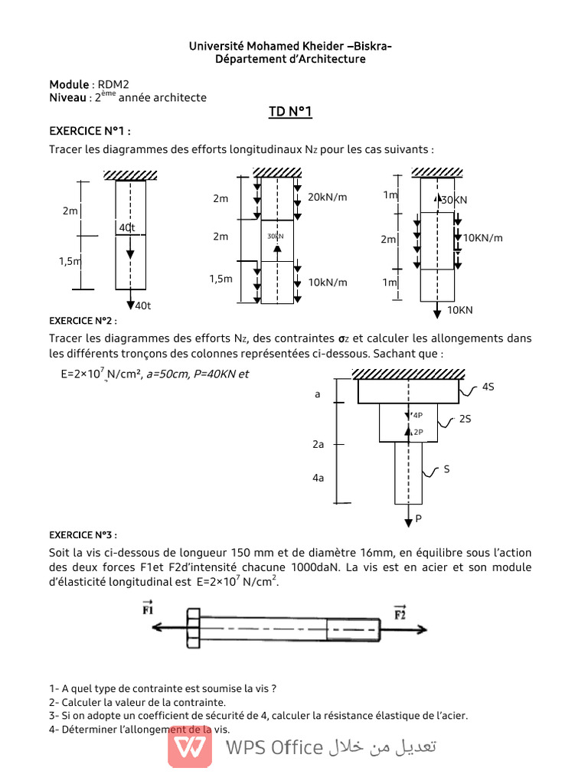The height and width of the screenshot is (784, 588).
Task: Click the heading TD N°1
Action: [x=290, y=113]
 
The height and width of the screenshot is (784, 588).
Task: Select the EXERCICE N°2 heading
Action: [x=83, y=320]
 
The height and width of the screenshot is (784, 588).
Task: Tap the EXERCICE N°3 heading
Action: [x=83, y=534]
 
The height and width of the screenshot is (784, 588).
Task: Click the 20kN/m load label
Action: [x=327, y=198]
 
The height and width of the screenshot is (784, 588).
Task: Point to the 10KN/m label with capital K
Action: [x=483, y=238]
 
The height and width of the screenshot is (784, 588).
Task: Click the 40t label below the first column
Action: [x=143, y=306]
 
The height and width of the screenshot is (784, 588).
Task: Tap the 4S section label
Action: [x=488, y=387]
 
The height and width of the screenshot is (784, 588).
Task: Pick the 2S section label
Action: [x=465, y=420]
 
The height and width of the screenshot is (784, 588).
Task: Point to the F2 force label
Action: [x=400, y=612]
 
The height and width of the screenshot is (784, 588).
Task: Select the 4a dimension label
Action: [x=318, y=478]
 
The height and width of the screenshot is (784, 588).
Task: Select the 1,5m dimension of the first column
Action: [x=70, y=261]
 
